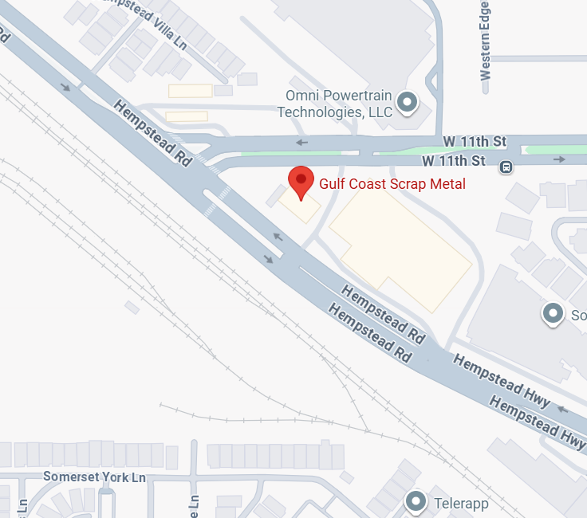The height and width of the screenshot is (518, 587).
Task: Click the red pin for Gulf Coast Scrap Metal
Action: pyautogui.click(x=301, y=181)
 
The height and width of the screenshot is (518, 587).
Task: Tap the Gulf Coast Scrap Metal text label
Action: pyautogui.click(x=392, y=184)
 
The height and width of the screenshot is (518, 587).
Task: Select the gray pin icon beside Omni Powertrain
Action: pyautogui.click(x=408, y=102)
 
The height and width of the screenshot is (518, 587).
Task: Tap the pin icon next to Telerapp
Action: pyautogui.click(x=416, y=502)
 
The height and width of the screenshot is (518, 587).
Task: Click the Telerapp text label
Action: pyautogui.click(x=461, y=504)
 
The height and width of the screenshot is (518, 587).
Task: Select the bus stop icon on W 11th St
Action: pyautogui.click(x=506, y=167)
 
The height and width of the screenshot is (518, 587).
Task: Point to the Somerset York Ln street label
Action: pyautogui.click(x=95, y=477)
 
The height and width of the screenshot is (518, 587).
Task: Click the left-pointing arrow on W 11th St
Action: pyautogui.click(x=302, y=143)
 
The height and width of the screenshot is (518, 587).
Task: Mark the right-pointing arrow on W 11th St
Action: pyautogui.click(x=560, y=160)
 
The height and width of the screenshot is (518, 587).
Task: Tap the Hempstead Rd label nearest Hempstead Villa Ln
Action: pyautogui.click(x=153, y=132)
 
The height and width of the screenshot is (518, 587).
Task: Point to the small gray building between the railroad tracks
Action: pyautogui.click(x=132, y=307)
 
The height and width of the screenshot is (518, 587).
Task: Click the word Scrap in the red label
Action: pyautogui.click(x=404, y=184)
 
